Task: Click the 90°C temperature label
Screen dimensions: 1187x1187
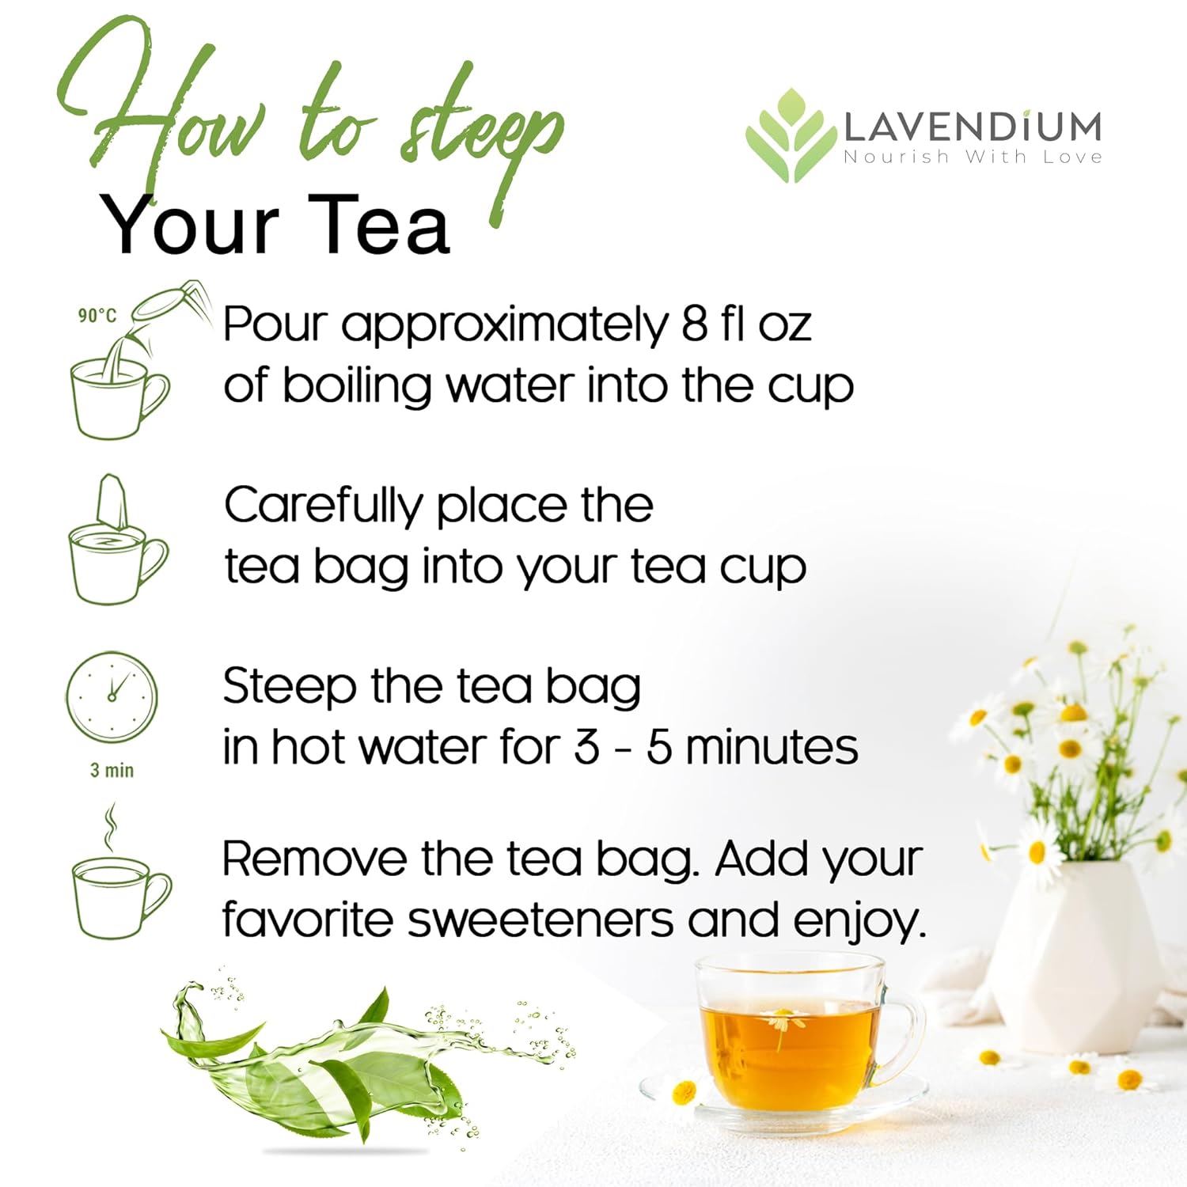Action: pyautogui.click(x=97, y=315)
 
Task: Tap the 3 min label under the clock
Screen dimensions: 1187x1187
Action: pyautogui.click(x=112, y=770)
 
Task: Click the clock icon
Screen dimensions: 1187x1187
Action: pyautogui.click(x=112, y=697)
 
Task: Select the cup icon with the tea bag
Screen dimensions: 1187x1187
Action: pyautogui.click(x=118, y=540)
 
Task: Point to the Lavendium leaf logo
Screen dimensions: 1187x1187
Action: pyautogui.click(x=791, y=135)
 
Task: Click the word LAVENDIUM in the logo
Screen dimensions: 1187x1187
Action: pyautogui.click(x=973, y=127)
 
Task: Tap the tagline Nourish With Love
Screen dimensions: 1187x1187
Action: pyautogui.click(x=973, y=157)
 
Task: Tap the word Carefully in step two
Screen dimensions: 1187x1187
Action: pyautogui.click(x=323, y=506)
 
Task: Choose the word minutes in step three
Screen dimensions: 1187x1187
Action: pyautogui.click(x=771, y=747)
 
